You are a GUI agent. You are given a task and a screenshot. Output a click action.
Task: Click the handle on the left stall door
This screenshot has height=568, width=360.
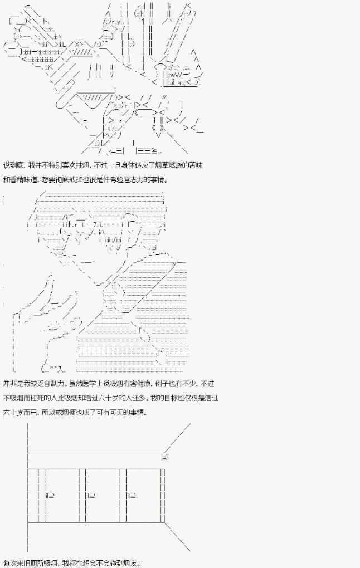(49, 494)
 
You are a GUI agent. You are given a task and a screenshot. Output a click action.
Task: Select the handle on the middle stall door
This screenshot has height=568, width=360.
(90, 494)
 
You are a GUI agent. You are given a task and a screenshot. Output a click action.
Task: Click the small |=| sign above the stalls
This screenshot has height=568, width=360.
(164, 457)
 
